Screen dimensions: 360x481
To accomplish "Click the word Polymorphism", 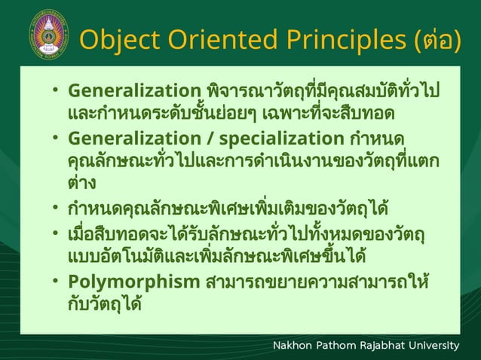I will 133,285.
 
